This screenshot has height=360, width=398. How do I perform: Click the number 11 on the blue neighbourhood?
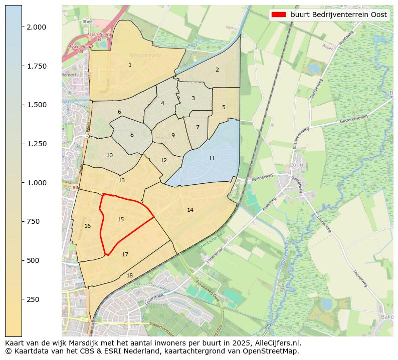pyautogui.click(x=212, y=158)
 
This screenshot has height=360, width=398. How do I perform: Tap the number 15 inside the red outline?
pyautogui.click(x=120, y=219)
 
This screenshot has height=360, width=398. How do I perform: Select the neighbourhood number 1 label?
pyautogui.click(x=130, y=65)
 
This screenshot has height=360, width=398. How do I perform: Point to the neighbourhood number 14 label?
pyautogui.click(x=190, y=210)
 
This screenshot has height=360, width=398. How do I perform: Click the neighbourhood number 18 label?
pyautogui.click(x=129, y=275)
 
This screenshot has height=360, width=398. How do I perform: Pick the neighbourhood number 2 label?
pyautogui.click(x=217, y=70)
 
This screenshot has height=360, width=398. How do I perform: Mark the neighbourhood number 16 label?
pyautogui.click(x=88, y=226)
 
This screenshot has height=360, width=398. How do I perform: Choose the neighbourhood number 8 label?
pyautogui.click(x=132, y=135)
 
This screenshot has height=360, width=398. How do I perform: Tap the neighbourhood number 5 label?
pyautogui.click(x=224, y=107)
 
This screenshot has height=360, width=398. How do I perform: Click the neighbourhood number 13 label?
pyautogui.click(x=121, y=180)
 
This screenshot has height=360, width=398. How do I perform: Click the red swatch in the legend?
pyautogui.click(x=278, y=15)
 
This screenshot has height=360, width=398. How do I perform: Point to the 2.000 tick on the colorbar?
pyautogui.click(x=37, y=27)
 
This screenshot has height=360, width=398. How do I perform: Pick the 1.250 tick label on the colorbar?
pyautogui.click(x=37, y=144)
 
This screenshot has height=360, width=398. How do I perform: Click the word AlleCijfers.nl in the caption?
pyautogui.click(x=277, y=343)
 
